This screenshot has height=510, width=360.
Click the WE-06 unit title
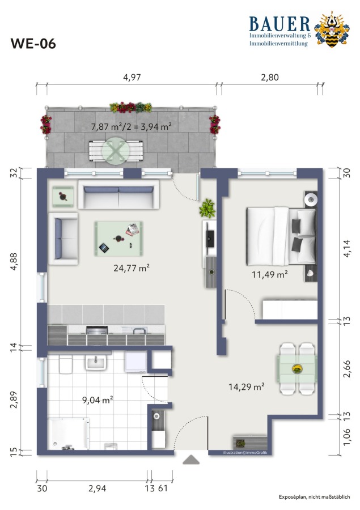[x=33, y=44]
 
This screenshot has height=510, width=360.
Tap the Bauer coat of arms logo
[x=332, y=29]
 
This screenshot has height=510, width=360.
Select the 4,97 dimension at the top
[x=132, y=78]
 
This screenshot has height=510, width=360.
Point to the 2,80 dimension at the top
[x=270, y=78]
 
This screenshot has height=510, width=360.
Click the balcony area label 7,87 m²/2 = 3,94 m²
[x=132, y=126]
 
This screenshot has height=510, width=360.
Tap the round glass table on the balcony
[x=116, y=151]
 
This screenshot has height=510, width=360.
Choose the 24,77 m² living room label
[x=132, y=268]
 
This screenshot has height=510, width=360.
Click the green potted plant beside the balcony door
[x=207, y=208]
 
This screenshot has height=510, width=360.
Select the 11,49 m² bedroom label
[x=269, y=274]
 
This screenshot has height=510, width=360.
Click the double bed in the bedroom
[x=281, y=236]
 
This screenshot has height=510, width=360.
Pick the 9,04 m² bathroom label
[x=98, y=399]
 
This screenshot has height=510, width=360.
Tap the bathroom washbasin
[x=96, y=362]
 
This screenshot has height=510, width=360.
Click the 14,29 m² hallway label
[x=246, y=386]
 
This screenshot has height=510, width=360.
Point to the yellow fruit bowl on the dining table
[x=297, y=368]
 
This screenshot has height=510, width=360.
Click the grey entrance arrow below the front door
[x=191, y=460]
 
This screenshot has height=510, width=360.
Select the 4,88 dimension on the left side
[x=14, y=261]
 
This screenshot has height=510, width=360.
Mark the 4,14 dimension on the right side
[x=347, y=249]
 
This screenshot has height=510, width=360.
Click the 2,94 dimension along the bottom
[x=98, y=488]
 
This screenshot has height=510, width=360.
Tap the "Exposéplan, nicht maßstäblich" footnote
[x=314, y=496]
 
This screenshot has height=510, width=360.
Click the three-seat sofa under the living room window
[x=118, y=194]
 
